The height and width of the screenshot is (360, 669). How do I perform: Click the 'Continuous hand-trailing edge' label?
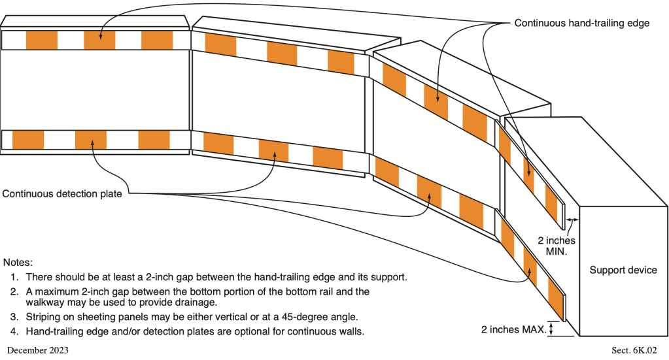[x=581, y=23]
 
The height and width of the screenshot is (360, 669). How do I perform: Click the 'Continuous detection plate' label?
[x=62, y=193]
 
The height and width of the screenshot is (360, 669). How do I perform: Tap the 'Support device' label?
[x=623, y=270]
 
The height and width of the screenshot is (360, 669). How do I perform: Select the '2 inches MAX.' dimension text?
[x=513, y=329]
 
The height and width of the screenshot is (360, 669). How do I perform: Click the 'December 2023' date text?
[x=37, y=350]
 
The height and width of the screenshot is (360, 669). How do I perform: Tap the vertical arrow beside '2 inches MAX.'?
[x=551, y=329]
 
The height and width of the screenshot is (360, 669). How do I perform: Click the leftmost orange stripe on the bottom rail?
[x=28, y=140]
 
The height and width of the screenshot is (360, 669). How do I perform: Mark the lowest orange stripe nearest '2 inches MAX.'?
[x=555, y=301]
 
